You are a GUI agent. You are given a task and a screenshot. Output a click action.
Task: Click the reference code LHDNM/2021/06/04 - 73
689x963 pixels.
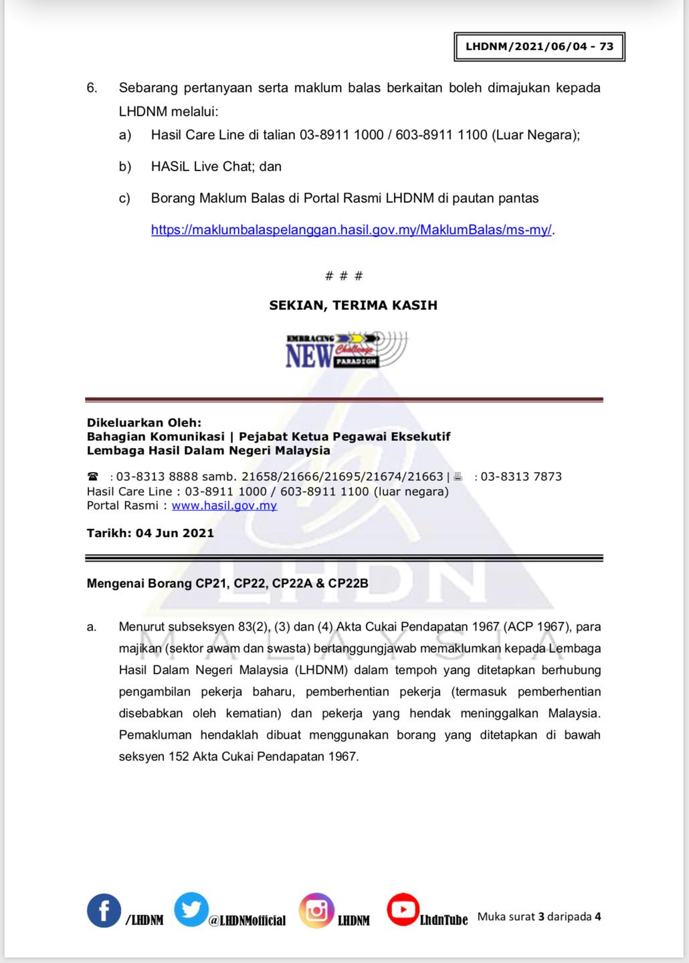539,47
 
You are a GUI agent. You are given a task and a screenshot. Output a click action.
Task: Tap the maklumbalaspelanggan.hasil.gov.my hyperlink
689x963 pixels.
351,230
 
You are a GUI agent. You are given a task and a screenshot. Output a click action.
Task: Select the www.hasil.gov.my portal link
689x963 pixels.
224,506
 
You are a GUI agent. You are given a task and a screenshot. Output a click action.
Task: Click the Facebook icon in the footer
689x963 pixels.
104,910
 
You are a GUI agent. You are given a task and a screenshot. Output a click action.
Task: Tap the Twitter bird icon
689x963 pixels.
191,909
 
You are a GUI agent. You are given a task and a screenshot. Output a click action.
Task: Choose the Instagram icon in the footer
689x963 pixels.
316,910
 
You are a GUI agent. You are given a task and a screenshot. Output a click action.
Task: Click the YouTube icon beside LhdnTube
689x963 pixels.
403,909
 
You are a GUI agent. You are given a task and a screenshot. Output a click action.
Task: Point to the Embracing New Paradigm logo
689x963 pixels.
346,350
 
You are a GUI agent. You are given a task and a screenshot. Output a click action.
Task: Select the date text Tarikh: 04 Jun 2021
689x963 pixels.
151,534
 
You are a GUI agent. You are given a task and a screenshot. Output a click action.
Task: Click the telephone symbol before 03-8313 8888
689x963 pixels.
93,477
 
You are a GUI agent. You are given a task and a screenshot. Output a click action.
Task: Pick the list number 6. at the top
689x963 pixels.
92,88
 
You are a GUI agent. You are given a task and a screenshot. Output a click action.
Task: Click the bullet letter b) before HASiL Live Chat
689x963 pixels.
125,167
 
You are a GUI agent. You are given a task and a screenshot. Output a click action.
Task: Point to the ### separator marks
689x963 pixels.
344,276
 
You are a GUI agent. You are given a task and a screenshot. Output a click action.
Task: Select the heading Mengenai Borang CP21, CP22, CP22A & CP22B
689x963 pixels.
227,584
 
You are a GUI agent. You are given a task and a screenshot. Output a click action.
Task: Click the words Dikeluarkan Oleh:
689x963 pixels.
144,423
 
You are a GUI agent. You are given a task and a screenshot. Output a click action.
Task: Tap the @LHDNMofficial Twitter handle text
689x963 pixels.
247,921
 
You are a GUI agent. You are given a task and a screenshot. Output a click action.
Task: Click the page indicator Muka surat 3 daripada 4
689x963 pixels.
539,917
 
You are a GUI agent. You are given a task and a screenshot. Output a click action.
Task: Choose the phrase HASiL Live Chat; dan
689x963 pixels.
216,167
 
